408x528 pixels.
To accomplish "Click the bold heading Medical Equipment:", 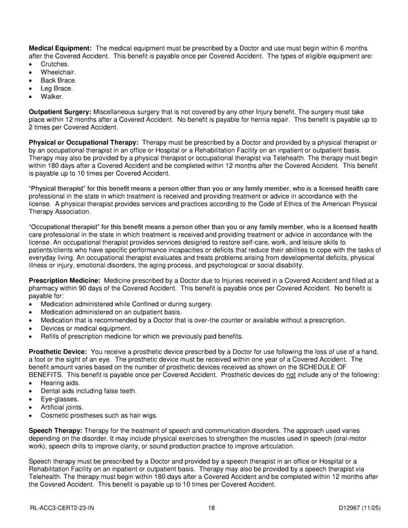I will pos(60,48).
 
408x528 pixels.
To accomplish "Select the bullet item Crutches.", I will pos(54,64).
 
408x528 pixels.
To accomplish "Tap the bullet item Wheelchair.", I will pos(58,72).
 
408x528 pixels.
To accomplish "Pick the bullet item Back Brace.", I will pos(58,80).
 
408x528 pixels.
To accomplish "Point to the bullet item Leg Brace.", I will pos(56,88).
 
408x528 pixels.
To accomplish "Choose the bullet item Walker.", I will pos(52,97).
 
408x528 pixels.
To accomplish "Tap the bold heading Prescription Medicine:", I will pos(65,280).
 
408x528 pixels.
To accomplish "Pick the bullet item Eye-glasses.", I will pos(59,399).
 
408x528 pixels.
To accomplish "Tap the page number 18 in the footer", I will pos(212,508).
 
